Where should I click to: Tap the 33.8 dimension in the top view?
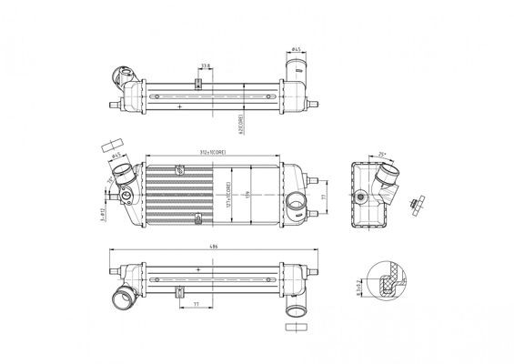(x=206, y=66)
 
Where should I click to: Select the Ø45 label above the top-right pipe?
(x=297, y=48)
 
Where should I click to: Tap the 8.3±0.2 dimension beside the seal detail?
(x=358, y=289)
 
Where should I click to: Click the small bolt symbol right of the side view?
(x=417, y=200)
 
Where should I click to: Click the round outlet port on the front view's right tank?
(x=295, y=203)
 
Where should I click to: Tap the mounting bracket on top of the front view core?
(x=179, y=167)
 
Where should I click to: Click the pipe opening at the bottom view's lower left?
(x=118, y=297)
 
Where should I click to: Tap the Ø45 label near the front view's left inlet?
(x=116, y=157)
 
